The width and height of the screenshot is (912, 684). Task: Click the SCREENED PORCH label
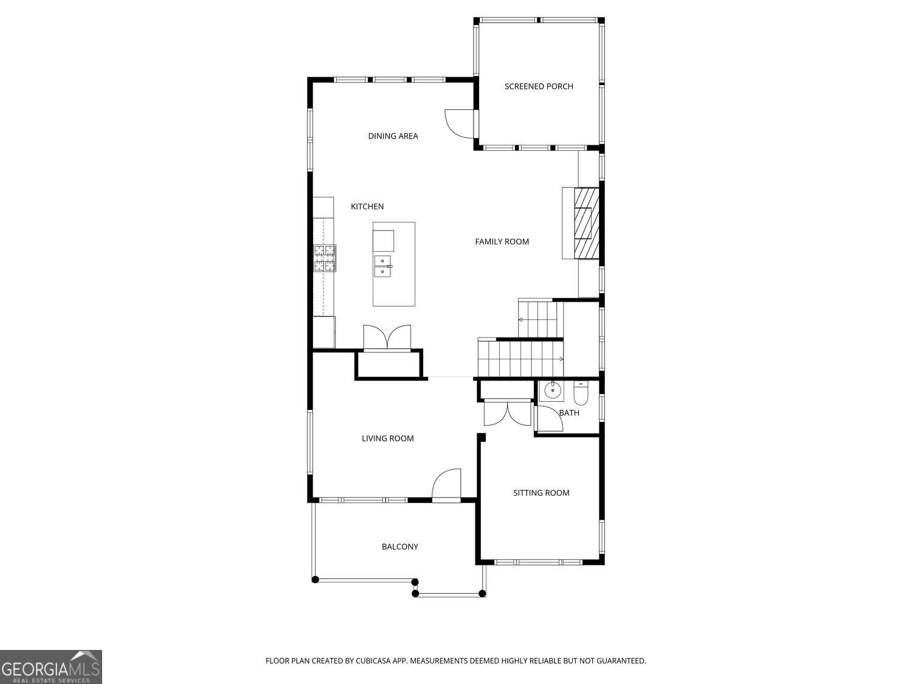point(539,86)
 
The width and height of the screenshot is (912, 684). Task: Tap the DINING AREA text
point(393,136)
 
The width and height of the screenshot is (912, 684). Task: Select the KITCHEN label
point(367,207)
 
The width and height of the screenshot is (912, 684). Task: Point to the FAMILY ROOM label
point(502,242)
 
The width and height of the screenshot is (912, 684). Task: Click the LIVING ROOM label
point(387,438)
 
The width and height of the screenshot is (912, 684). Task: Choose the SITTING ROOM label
point(541,493)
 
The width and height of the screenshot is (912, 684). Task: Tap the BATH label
point(569,413)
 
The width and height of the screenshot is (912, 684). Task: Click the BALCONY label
point(399,547)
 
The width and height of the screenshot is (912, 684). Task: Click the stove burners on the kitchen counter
point(325,258)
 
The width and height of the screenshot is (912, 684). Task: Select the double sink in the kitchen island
point(382,266)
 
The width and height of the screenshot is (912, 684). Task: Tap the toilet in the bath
point(581,393)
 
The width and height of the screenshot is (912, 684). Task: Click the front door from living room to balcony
point(447,485)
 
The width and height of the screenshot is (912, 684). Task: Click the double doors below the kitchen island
point(387,338)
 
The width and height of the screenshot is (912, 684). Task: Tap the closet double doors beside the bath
point(507,413)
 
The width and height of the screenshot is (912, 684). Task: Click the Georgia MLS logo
point(50,667)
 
